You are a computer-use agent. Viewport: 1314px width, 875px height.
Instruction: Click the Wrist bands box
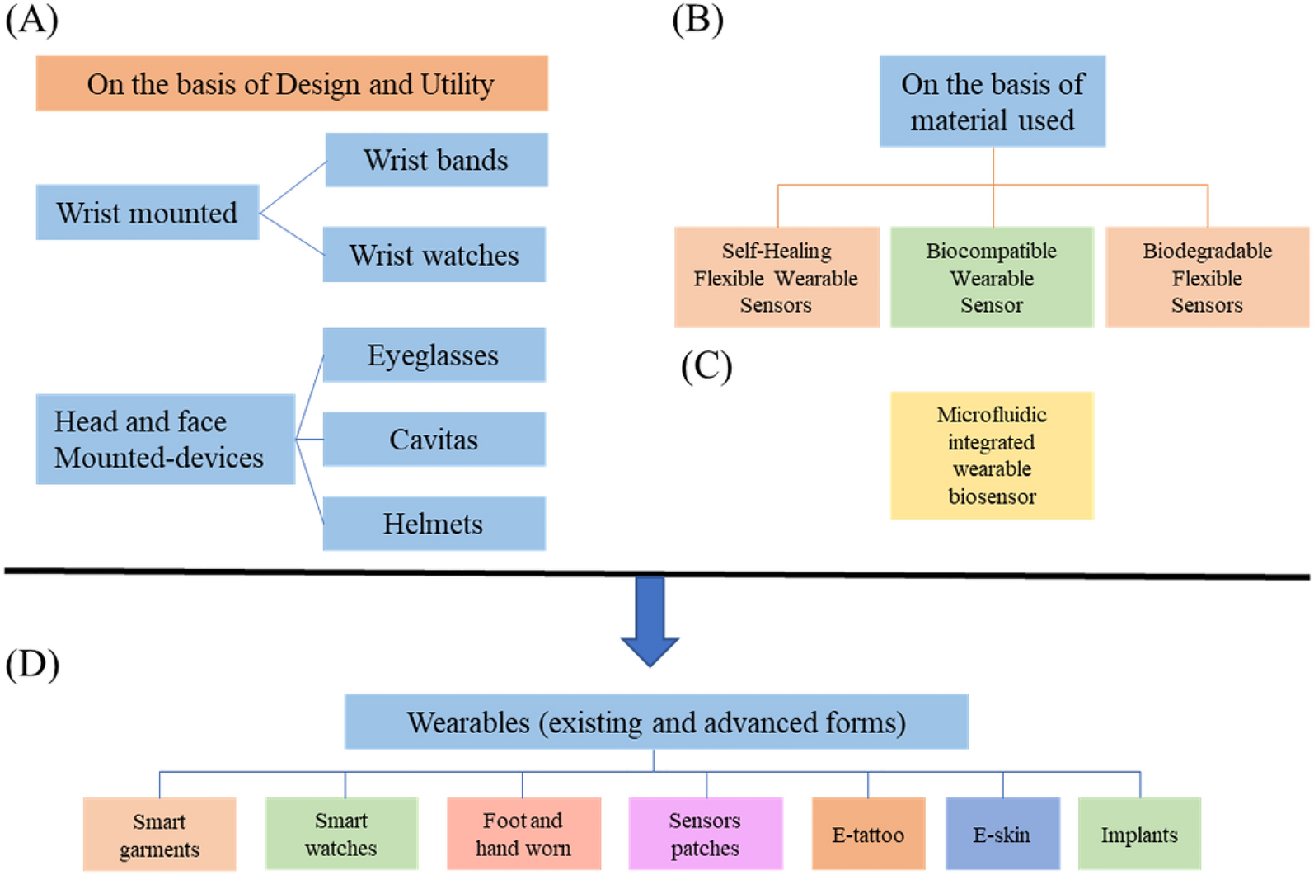pyautogui.click(x=436, y=160)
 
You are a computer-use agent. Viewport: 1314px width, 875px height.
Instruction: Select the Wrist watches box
pyautogui.click(x=434, y=255)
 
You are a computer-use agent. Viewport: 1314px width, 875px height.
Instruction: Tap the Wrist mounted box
pyautogui.click(x=148, y=213)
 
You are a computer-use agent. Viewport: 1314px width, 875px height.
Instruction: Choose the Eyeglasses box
pyautogui.click(x=434, y=355)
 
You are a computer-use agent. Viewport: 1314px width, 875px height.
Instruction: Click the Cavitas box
pyautogui.click(x=434, y=440)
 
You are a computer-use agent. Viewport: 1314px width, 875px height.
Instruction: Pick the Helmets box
pyautogui.click(x=434, y=524)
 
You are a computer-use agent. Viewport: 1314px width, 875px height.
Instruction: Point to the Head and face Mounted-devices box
pyautogui.click(x=165, y=440)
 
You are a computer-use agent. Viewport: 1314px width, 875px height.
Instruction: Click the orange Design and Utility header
pyautogui.click(x=292, y=84)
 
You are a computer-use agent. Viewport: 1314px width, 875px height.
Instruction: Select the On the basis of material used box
pyautogui.click(x=992, y=102)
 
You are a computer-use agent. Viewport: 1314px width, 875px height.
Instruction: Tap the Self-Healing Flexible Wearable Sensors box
pyautogui.click(x=776, y=278)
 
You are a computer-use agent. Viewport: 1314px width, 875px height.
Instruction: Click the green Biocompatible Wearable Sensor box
pyautogui.click(x=992, y=278)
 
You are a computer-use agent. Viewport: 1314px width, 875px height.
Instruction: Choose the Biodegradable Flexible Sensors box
pyautogui.click(x=1207, y=278)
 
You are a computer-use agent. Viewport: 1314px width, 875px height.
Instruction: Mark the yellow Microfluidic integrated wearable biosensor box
pyautogui.click(x=992, y=455)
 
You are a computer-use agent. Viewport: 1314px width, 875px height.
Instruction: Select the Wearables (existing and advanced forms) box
pyautogui.click(x=656, y=722)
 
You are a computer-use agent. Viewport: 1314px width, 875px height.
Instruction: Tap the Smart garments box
pyautogui.click(x=159, y=835)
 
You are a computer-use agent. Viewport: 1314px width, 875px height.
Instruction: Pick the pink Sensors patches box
pyautogui.click(x=705, y=834)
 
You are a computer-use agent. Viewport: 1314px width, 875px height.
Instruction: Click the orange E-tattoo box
pyautogui.click(x=868, y=835)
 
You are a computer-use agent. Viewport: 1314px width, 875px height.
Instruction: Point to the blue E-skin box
pyautogui.click(x=1002, y=835)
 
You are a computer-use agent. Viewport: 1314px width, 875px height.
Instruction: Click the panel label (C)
pyautogui.click(x=706, y=367)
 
